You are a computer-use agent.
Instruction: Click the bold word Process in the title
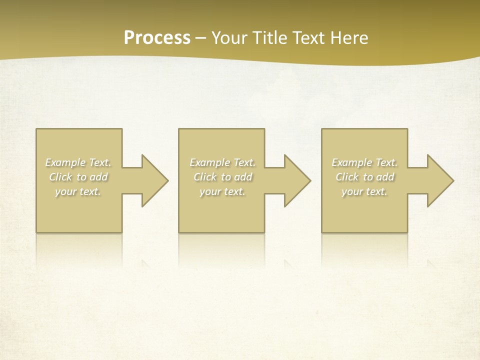[x=157, y=38]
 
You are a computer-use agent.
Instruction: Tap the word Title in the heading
[x=269, y=38]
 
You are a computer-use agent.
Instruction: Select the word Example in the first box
[x=65, y=162]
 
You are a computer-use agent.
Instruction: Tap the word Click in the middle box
[x=205, y=177]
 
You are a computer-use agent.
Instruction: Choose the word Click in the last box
[x=347, y=177]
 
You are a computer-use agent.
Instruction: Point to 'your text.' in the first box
[x=78, y=191]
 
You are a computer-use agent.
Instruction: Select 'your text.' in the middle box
[x=222, y=191]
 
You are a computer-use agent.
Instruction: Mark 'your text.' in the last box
[x=364, y=191]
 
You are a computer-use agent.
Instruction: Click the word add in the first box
[x=99, y=177]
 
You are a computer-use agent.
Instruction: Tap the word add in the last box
[x=385, y=177]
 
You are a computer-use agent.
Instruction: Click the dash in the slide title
[x=200, y=38]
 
